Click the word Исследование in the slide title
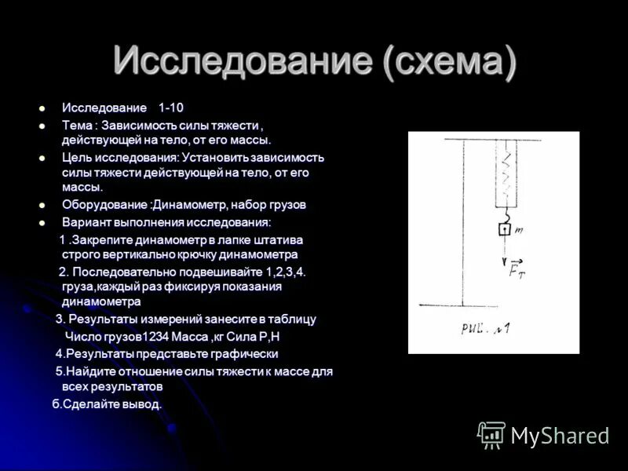243,60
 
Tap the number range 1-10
171,108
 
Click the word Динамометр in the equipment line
188,205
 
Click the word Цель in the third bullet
77,158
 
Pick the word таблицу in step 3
292,319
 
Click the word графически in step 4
242,354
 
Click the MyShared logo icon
492,435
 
